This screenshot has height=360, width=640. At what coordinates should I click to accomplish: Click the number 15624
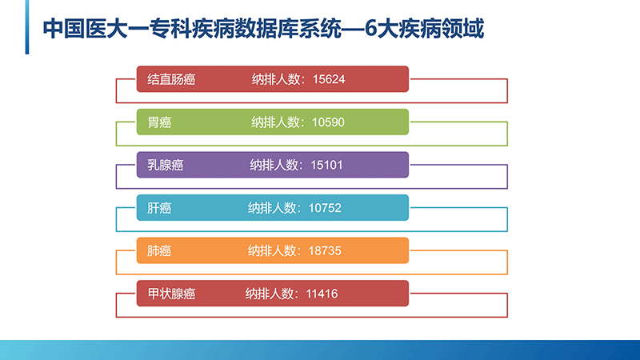click(329, 78)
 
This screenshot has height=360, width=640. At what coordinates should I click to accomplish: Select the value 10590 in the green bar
click(328, 122)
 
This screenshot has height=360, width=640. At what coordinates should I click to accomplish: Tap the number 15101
click(326, 165)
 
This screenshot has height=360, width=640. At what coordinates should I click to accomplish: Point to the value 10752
click(325, 208)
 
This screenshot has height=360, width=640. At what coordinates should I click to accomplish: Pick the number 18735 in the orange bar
click(325, 250)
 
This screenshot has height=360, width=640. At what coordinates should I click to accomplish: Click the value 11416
click(322, 294)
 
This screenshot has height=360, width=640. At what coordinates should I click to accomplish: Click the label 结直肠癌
click(171, 78)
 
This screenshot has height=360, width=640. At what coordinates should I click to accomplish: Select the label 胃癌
click(159, 122)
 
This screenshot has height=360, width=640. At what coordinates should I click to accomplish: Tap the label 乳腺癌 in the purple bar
click(166, 165)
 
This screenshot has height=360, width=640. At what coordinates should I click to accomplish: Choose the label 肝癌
click(159, 208)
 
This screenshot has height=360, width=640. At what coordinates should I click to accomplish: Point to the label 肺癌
click(159, 250)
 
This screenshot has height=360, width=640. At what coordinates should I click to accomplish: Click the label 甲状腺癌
click(171, 294)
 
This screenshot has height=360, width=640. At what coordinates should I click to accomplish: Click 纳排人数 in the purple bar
click(274, 165)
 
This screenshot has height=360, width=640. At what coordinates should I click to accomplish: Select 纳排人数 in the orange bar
click(272, 250)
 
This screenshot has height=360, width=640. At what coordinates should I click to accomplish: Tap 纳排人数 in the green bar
click(275, 122)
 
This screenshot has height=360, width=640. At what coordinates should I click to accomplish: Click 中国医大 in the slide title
click(86, 29)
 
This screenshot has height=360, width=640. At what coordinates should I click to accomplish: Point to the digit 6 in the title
click(370, 29)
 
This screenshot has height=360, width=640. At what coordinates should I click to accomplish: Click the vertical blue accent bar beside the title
click(27, 27)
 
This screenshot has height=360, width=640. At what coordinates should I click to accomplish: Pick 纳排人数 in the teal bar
click(272, 208)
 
